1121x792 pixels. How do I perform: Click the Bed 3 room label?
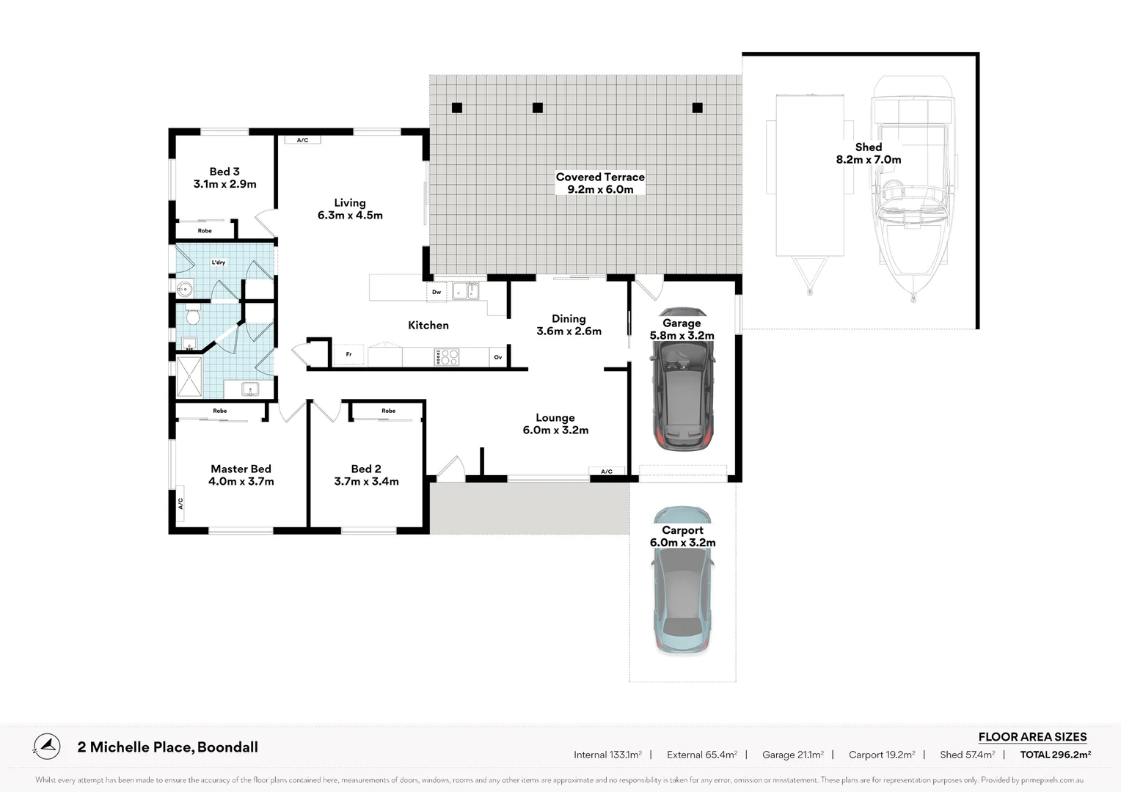pos(224,172)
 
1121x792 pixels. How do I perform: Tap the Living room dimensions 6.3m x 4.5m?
pos(350,216)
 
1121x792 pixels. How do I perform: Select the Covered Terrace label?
pos(599,177)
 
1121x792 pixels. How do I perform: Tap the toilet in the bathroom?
pos(193,317)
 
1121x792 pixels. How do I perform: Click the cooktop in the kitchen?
pos(447,357)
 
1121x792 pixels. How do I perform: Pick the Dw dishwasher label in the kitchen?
pos(437,292)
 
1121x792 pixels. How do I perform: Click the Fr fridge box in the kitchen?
pos(349,355)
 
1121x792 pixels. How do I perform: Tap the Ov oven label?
pos(498,357)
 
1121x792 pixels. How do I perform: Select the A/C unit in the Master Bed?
pos(180,502)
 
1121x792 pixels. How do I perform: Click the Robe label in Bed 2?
pos(388,411)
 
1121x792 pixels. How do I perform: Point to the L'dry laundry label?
pos(219,263)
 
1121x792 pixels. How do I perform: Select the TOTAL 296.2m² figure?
pos(1055,755)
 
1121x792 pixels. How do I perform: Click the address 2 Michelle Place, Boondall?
pos(168,747)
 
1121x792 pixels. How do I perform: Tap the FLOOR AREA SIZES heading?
pos(1032,737)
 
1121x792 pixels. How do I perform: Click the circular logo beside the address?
pos(47,747)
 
